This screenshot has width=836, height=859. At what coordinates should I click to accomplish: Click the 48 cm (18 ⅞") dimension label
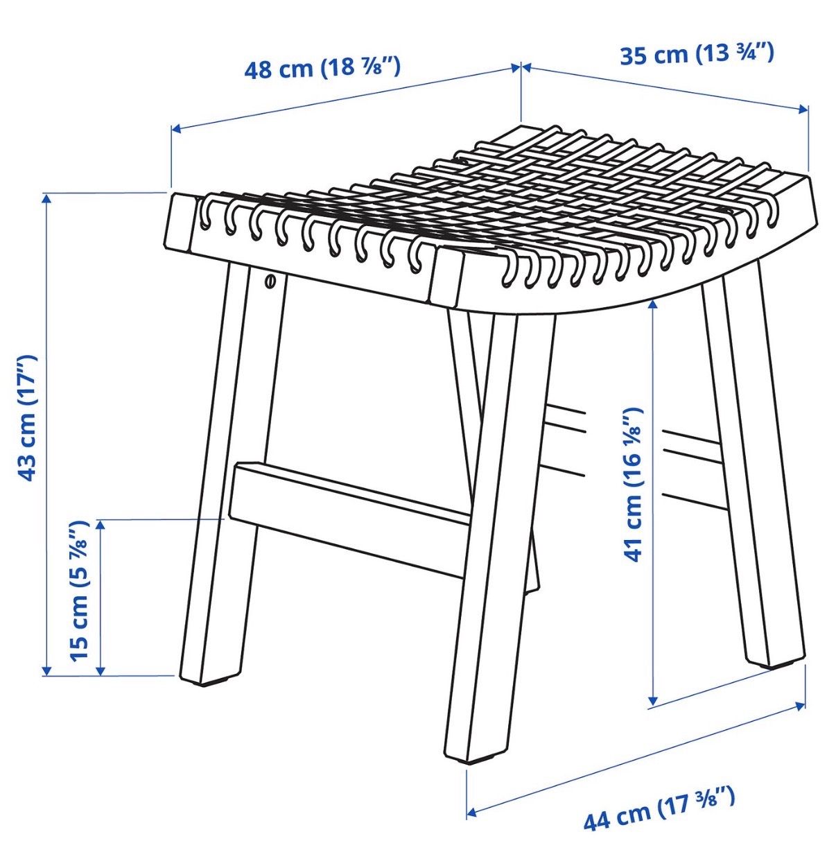point(322,69)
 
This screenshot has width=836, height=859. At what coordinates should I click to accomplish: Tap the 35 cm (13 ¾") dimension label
point(697,53)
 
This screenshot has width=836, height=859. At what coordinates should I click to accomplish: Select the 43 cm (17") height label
point(26,417)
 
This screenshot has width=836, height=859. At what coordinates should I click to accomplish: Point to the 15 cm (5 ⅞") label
point(80,591)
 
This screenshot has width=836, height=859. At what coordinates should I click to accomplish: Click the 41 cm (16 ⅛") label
point(634,485)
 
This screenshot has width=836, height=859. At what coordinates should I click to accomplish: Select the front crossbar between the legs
point(349,520)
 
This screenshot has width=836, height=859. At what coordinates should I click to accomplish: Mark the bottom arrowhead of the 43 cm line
point(46,670)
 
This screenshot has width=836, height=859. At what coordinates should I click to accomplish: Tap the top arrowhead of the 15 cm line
point(101,525)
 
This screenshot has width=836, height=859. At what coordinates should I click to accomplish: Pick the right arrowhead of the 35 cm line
point(803,110)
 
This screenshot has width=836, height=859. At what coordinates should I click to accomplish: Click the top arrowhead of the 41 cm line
point(654,304)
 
